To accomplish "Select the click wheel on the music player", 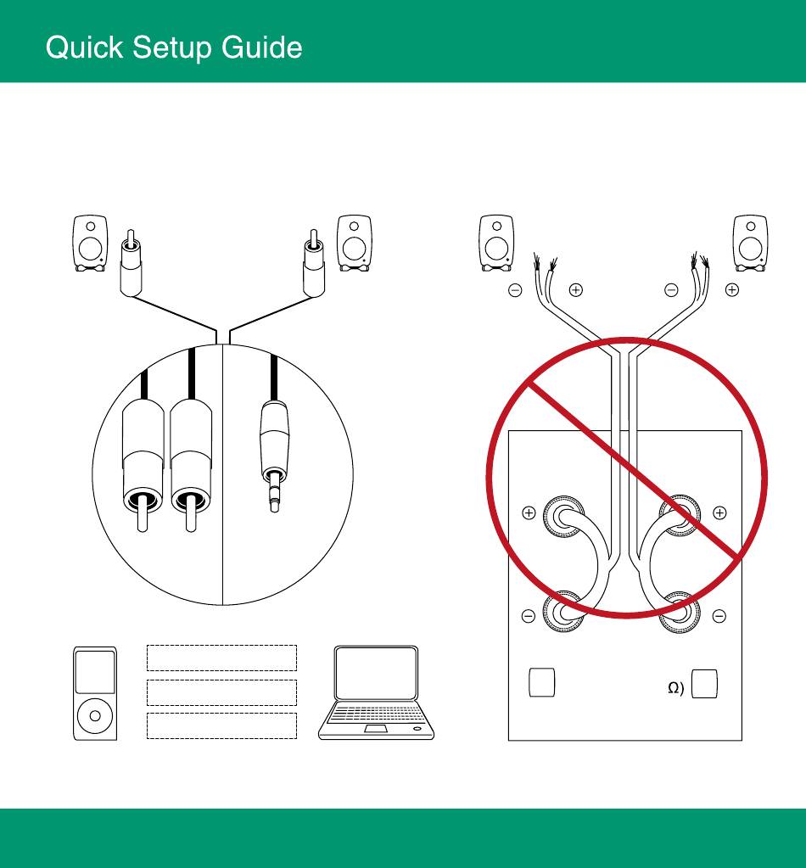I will point(95,715).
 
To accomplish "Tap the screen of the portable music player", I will point(95,673).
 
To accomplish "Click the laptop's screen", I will point(376,675).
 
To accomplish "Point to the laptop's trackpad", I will point(374,729).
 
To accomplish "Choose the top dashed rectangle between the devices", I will point(221,658).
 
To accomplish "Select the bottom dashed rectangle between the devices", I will point(221,725).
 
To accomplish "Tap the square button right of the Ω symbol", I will point(705,684).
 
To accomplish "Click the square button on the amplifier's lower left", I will point(541,683).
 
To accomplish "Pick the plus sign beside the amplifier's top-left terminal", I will point(529,512).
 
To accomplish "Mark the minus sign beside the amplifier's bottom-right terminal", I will point(719,615).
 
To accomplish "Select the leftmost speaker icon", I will point(90,244).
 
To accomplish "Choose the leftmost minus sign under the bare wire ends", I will point(515,290).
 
